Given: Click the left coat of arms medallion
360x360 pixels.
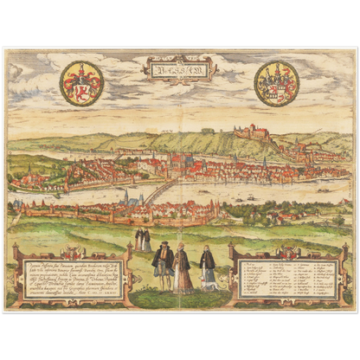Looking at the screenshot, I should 81,83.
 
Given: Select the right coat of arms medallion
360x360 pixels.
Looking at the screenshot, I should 276,83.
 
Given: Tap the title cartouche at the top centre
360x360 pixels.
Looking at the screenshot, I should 178,67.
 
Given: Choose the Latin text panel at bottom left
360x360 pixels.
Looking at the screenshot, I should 70,276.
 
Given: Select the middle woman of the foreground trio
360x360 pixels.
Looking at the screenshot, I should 182,268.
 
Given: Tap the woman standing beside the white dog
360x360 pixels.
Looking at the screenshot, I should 208,268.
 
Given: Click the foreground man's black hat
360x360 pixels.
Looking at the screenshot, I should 162,246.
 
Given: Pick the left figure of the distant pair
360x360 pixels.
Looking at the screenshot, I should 138,239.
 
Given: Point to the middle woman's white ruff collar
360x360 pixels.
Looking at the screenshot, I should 182,253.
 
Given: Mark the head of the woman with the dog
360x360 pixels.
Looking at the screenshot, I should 208,249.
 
